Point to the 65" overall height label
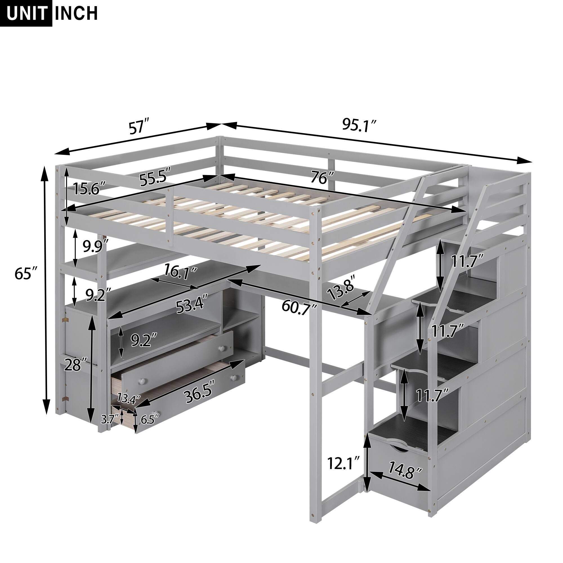tap(27, 274)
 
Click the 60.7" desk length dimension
tap(300, 306)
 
